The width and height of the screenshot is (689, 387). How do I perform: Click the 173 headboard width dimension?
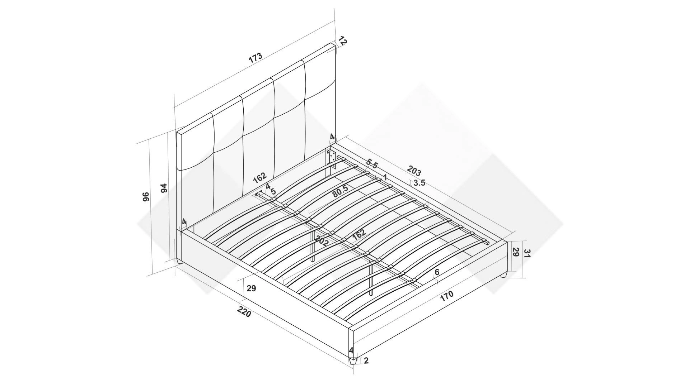(256, 58)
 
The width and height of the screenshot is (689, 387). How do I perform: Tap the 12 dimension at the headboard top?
(342, 41)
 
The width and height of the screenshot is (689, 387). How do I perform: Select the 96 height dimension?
(146, 197)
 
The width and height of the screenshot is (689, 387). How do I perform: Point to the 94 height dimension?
(164, 188)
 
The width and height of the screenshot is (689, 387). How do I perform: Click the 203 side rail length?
(414, 171)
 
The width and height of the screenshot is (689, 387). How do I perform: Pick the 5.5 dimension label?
(372, 164)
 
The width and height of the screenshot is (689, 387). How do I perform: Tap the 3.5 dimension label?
(419, 183)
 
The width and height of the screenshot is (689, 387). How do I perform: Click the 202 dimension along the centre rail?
(322, 240)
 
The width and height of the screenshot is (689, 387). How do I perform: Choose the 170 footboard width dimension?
(446, 296)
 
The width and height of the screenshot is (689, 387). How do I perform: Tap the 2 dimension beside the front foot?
(366, 361)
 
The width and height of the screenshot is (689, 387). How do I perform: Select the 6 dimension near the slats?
(437, 272)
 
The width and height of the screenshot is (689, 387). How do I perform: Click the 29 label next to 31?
(515, 252)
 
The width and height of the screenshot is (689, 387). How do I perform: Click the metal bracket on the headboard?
(332, 158)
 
